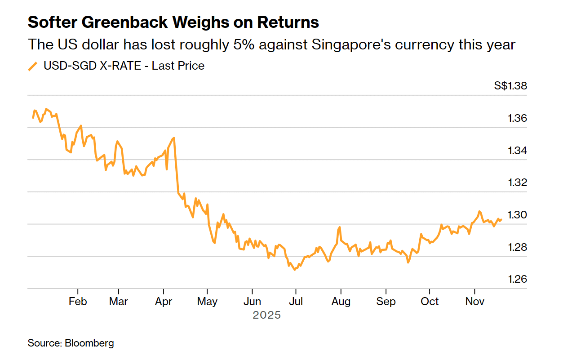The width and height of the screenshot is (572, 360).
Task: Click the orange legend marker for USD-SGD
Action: (x=33, y=67)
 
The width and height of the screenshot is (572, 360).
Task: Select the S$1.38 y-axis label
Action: (x=510, y=86)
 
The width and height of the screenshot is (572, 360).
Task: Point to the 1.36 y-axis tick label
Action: (x=517, y=119)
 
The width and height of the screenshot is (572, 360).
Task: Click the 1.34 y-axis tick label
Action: (x=517, y=151)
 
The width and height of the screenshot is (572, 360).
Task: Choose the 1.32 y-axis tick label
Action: (x=517, y=183)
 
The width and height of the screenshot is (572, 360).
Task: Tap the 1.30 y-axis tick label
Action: (x=517, y=215)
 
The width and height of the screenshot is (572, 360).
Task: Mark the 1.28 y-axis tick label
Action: (x=517, y=247)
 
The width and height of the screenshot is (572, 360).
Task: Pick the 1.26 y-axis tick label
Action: (x=517, y=279)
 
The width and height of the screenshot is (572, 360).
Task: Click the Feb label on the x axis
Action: (x=78, y=301)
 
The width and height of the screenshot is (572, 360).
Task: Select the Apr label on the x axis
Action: (x=164, y=301)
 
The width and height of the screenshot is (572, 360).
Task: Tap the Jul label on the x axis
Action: (x=295, y=301)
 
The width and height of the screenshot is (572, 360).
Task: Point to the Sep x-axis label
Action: (x=386, y=301)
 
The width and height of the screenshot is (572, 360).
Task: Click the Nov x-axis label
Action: (x=474, y=301)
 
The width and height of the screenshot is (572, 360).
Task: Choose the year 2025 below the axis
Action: (x=266, y=315)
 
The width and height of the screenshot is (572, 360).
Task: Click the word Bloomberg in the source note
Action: (x=89, y=343)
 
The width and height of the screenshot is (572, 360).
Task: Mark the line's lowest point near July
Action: (x=294, y=270)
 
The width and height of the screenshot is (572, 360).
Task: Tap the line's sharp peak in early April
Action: (x=174, y=138)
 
